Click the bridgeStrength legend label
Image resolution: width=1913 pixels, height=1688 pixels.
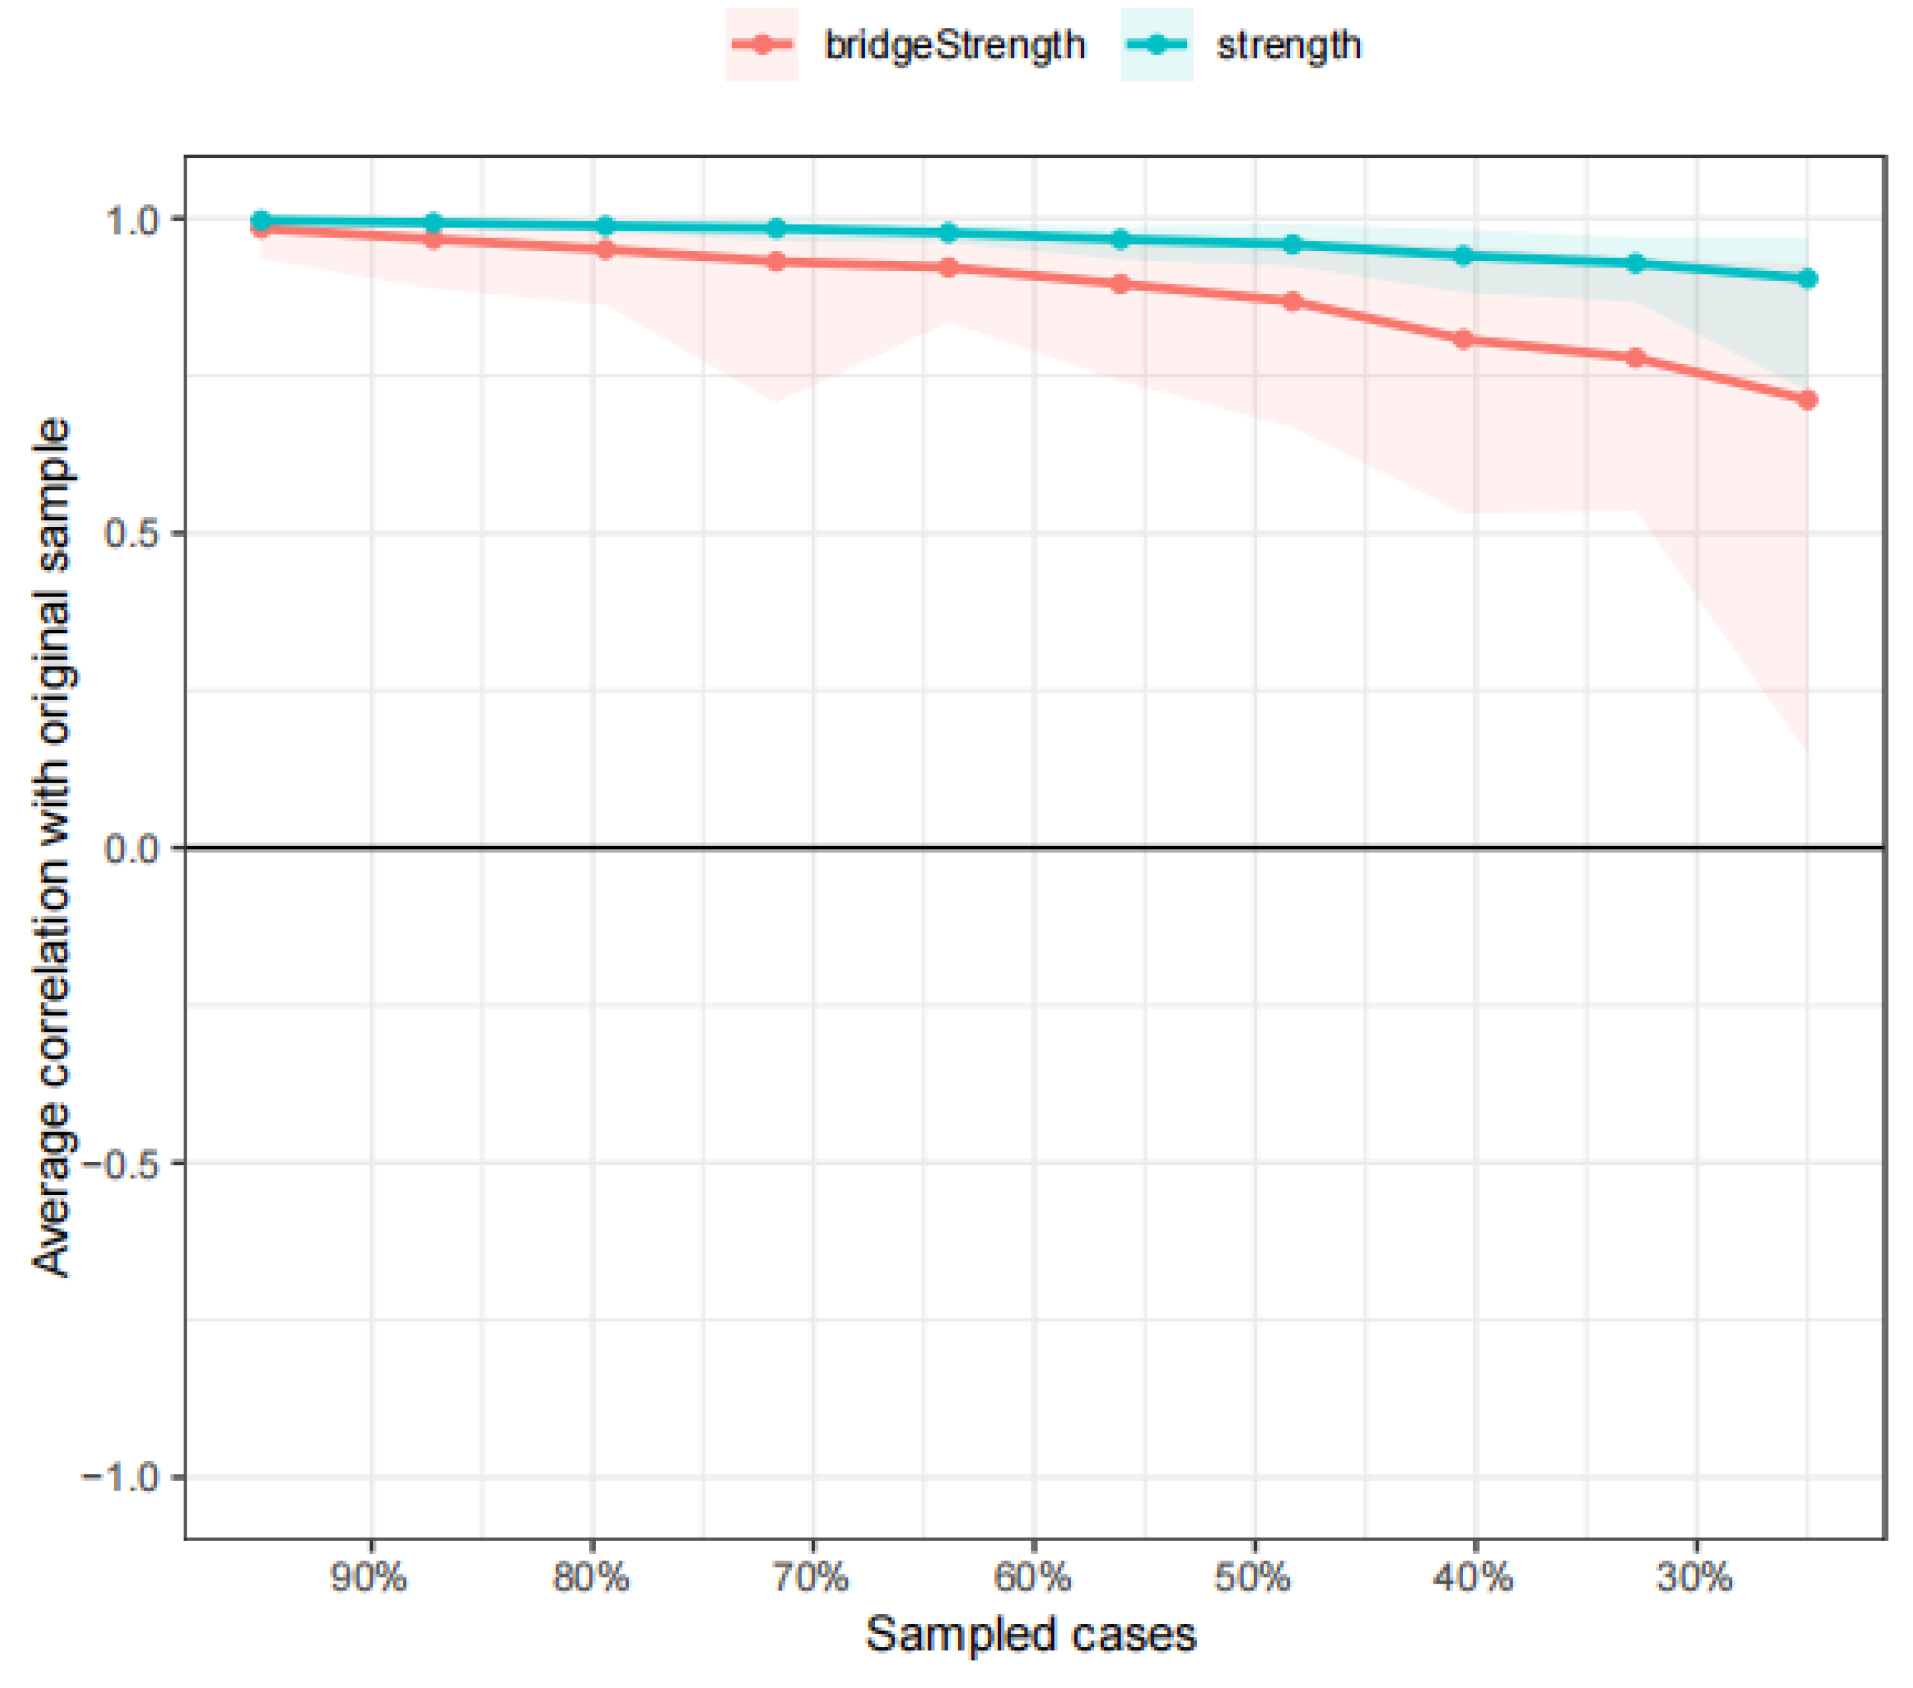[x=954, y=45]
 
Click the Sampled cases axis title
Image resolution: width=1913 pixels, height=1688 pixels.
[x=1031, y=1635]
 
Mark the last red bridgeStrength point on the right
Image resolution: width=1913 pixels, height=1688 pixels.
[x=1807, y=400]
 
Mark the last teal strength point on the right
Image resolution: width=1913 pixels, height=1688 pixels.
[x=1807, y=279]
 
